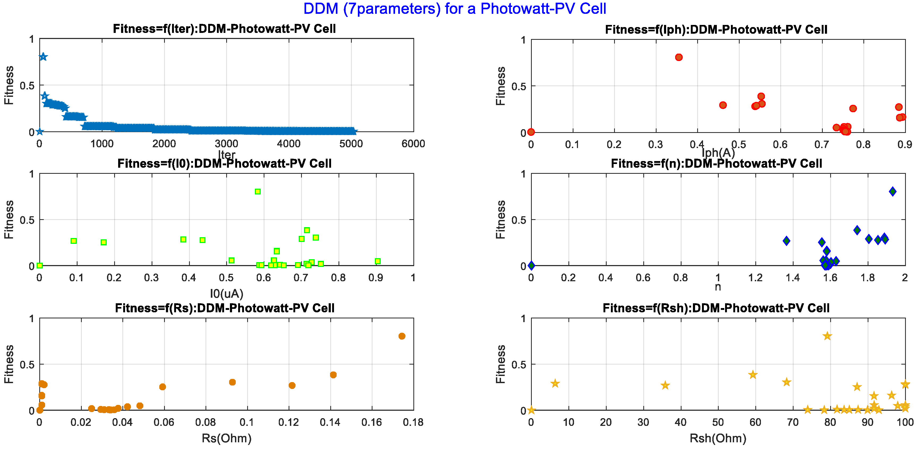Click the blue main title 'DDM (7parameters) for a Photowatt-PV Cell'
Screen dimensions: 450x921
(455, 8)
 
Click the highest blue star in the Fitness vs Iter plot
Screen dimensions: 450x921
(43, 57)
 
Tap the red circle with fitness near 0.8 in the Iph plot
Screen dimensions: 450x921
(679, 57)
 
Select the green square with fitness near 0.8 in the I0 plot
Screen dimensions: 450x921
(258, 192)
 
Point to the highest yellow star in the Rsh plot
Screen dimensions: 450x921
(827, 336)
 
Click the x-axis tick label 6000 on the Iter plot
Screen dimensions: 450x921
(413, 144)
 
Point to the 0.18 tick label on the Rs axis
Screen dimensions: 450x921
(413, 422)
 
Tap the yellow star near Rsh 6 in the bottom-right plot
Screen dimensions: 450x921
(555, 383)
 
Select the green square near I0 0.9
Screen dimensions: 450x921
(378, 261)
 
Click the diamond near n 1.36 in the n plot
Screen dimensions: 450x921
(786, 241)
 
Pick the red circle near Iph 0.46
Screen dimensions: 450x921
(723, 105)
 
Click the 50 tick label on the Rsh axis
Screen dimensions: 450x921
(718, 422)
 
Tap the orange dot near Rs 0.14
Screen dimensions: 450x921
(333, 375)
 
